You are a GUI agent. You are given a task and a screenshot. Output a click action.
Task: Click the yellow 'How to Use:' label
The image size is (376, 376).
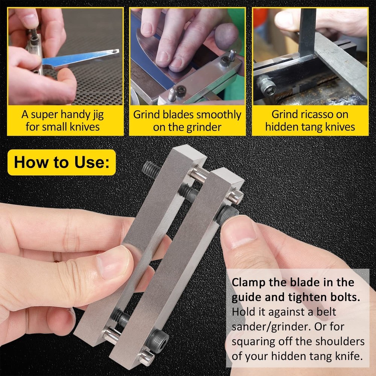[x=61, y=162]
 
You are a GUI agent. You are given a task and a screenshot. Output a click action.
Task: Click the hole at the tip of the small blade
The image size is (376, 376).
[x=112, y=51]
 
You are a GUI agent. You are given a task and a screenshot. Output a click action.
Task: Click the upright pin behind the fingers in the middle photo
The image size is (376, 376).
[x=233, y=56]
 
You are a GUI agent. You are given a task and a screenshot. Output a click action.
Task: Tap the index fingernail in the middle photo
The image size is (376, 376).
[x=162, y=56]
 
